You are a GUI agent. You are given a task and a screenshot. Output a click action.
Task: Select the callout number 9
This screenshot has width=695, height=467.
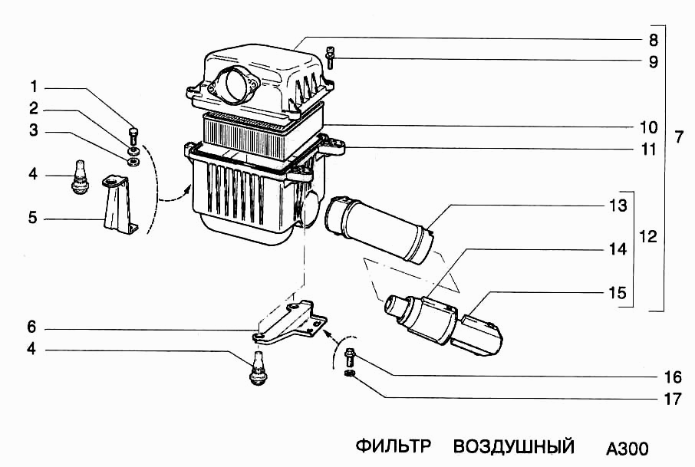[652, 62]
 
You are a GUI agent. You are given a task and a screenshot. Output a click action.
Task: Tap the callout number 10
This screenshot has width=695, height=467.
[648, 127]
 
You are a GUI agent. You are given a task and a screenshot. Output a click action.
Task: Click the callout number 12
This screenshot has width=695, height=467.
[647, 237]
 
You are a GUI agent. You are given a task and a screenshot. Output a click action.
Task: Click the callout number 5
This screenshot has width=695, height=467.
[33, 218]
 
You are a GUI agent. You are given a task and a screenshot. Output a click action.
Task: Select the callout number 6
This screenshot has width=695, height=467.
[33, 327]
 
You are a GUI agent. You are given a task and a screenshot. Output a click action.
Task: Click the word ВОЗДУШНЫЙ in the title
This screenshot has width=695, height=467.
[514, 446]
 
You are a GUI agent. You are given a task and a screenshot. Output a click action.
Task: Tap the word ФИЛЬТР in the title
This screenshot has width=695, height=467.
[394, 446]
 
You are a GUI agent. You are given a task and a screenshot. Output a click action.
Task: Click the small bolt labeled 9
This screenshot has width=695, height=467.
[330, 58]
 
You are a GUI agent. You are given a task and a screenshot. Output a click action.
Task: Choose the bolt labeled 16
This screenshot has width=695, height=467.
[350, 357]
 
